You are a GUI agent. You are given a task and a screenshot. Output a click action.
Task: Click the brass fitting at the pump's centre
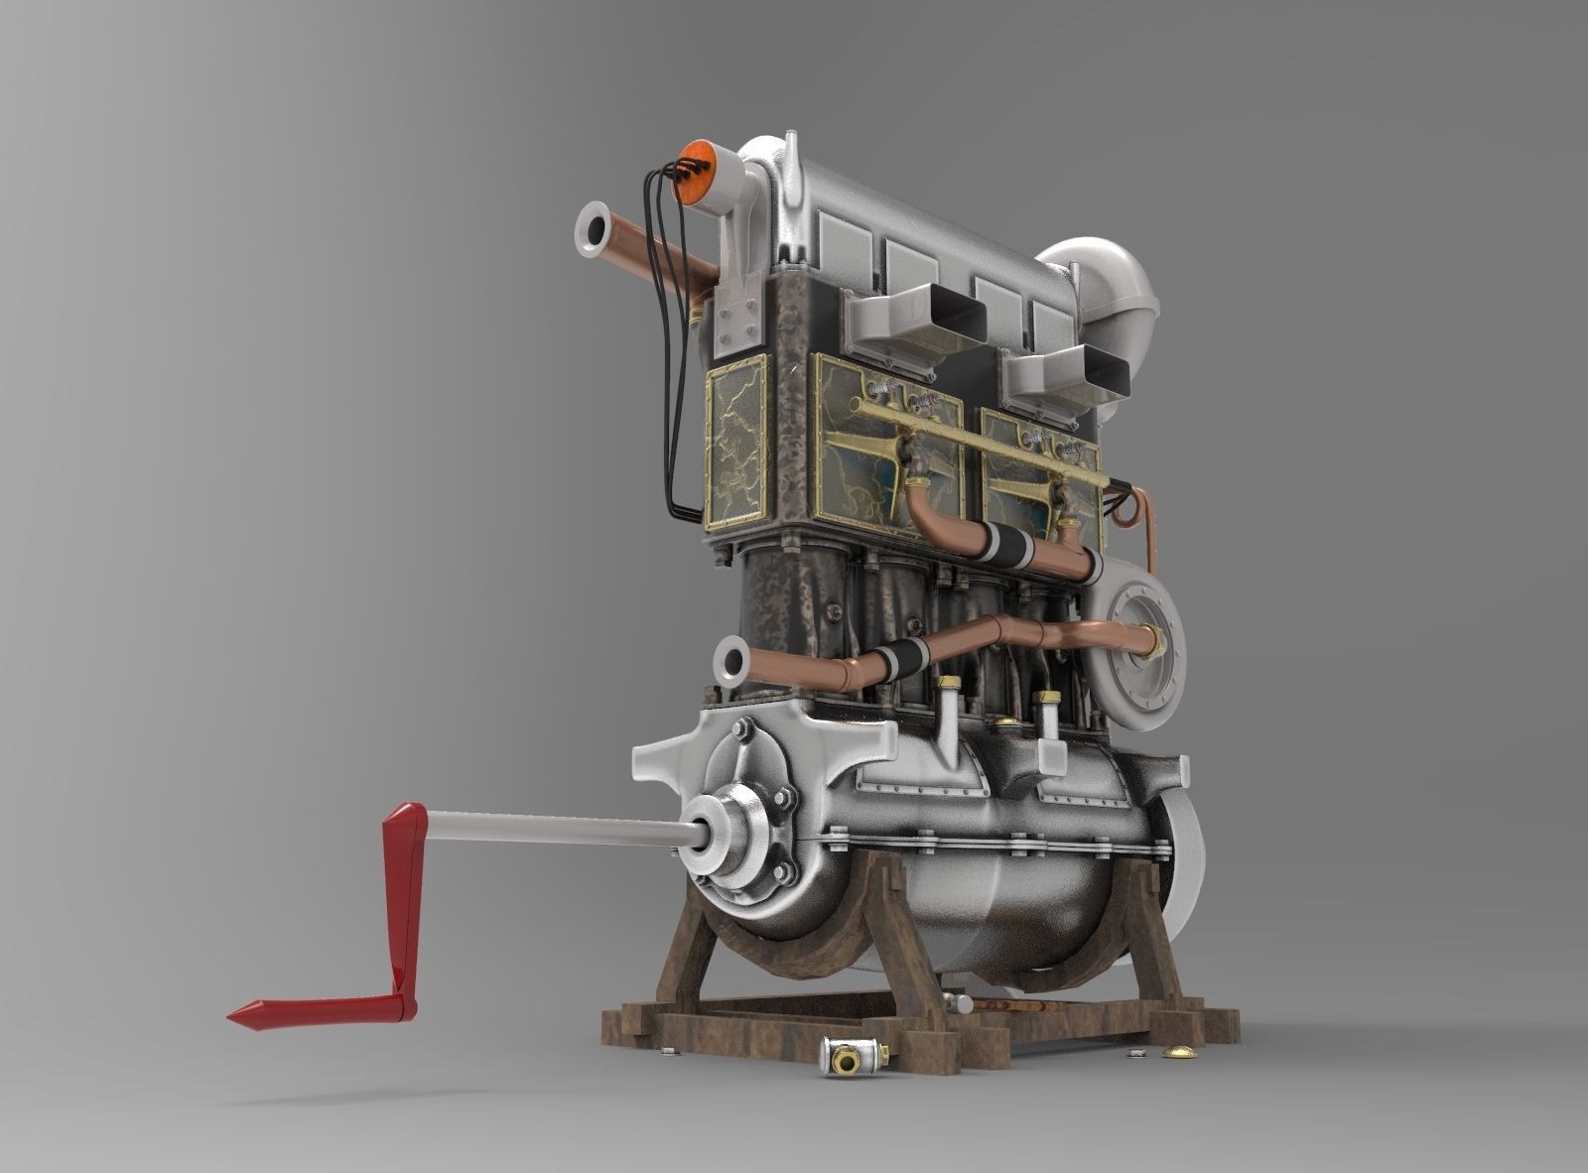coord(1155,641)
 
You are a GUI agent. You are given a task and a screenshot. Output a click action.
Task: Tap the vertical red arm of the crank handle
coord(406,903)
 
